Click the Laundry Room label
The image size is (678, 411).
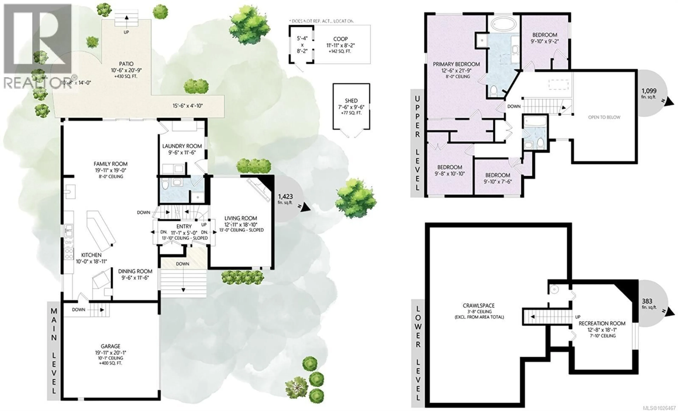pos(182,146)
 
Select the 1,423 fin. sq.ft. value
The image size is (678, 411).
pos(285,196)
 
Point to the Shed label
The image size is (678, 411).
pos(351,101)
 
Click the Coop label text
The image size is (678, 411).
pos(340,39)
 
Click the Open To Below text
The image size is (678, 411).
pos(604,117)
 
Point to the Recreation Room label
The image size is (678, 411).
pos(602,323)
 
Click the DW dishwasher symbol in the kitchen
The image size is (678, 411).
pos(68,242)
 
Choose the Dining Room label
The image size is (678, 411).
pos(135,271)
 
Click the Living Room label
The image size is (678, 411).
pos(240,218)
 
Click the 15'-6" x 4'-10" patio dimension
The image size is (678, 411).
pos(188,106)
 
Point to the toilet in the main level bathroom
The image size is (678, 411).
pos(165,184)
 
